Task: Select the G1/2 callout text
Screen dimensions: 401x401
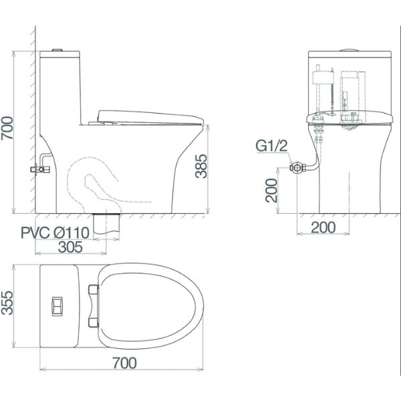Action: pyautogui.click(x=271, y=145)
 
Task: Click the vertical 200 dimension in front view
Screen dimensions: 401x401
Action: pyautogui.click(x=271, y=190)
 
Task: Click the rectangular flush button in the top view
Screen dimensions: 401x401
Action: pyautogui.click(x=58, y=307)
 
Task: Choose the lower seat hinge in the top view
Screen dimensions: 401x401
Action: pyautogui.click(x=93, y=323)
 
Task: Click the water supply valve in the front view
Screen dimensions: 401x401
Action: pyautogui.click(x=296, y=168)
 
